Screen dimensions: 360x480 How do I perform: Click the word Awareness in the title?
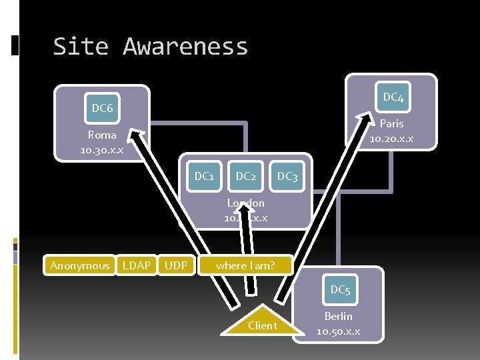pos(185,47)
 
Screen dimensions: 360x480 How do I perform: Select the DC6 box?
pos(102,108)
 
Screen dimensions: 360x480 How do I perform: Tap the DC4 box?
pos(393,98)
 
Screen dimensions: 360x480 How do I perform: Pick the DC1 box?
pos(204,176)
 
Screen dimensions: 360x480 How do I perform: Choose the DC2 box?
pos(245,176)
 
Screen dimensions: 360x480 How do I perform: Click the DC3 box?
pos(287,176)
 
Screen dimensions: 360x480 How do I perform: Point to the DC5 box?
pos(340,289)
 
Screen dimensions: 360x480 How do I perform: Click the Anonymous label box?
pos(80,265)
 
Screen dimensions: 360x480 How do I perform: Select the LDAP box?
pos(137,265)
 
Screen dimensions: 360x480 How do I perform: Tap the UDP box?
pos(176,265)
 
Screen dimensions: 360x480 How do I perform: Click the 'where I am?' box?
pos(245,265)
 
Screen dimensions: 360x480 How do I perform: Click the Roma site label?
pos(102,135)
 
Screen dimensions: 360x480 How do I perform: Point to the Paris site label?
pos(391,123)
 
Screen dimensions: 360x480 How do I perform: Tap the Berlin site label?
pos(338,316)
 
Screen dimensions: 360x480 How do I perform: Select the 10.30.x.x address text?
pos(101,149)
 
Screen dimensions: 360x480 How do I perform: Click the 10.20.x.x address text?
pos(391,138)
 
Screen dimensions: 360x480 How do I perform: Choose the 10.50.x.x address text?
pos(338,331)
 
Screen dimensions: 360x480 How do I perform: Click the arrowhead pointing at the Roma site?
pos(136,137)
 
